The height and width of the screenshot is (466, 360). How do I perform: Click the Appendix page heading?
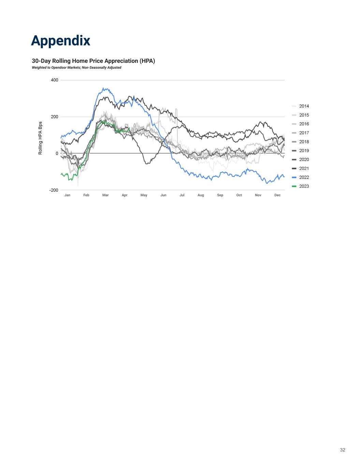[61, 40]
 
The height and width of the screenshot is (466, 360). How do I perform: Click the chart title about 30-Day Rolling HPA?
[93, 61]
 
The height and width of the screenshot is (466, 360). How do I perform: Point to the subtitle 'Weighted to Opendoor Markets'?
[76, 68]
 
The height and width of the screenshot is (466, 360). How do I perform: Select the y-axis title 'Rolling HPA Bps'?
[40, 138]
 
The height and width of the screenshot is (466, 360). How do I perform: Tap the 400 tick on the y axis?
[55, 80]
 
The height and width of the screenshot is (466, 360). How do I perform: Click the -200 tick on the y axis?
[54, 190]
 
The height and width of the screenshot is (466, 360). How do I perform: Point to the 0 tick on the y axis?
[57, 154]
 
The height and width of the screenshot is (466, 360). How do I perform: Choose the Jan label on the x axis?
[67, 195]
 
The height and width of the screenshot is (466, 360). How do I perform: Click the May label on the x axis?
[144, 195]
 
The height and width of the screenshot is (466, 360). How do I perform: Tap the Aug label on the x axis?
[201, 195]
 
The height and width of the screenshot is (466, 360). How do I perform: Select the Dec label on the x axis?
[277, 195]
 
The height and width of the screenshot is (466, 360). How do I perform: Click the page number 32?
[343, 450]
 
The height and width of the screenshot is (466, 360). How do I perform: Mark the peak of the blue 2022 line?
[103, 88]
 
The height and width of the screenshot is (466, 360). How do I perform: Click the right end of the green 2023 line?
[129, 128]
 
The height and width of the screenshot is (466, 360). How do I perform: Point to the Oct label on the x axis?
[239, 195]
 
